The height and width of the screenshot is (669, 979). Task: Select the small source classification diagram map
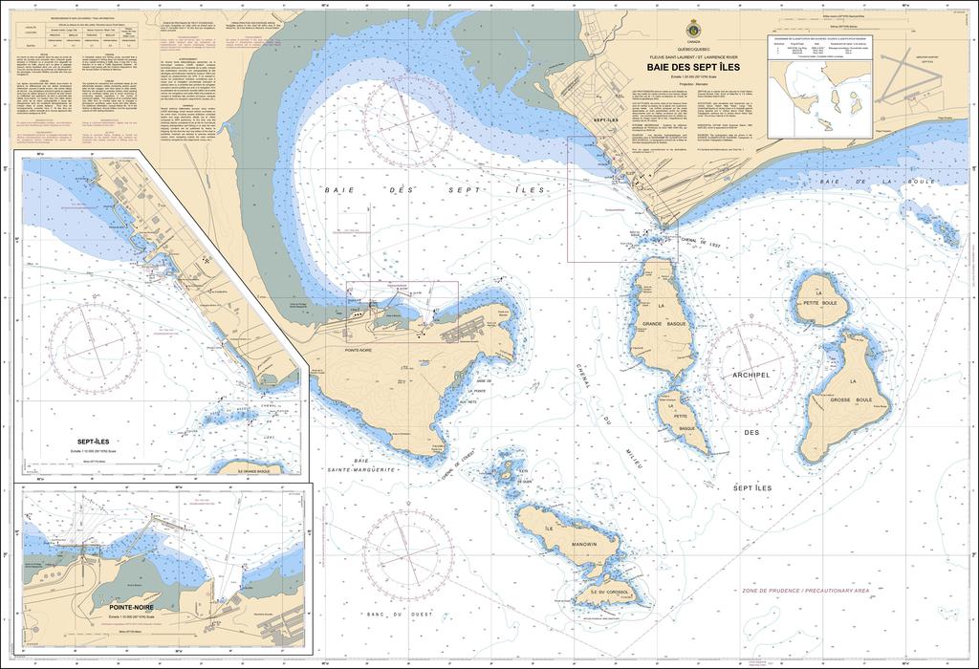click(x=823, y=92)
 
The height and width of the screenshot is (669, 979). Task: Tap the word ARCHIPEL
click(x=750, y=376)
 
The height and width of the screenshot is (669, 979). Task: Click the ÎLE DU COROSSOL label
click(x=603, y=593)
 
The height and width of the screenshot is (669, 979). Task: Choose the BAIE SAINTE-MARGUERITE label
click(x=360, y=465)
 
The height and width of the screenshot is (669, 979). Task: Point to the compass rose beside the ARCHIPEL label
click(x=751, y=367)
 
